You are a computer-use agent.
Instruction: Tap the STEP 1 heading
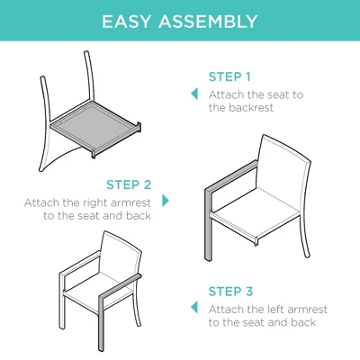(x=229, y=76)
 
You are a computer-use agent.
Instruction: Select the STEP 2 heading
(x=129, y=184)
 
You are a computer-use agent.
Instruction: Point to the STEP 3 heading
(x=229, y=291)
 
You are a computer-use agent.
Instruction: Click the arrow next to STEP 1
(x=193, y=94)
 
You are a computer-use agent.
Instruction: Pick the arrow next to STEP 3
(x=193, y=308)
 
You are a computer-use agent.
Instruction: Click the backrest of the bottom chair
(x=118, y=256)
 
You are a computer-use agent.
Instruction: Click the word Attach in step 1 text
(x=226, y=94)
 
